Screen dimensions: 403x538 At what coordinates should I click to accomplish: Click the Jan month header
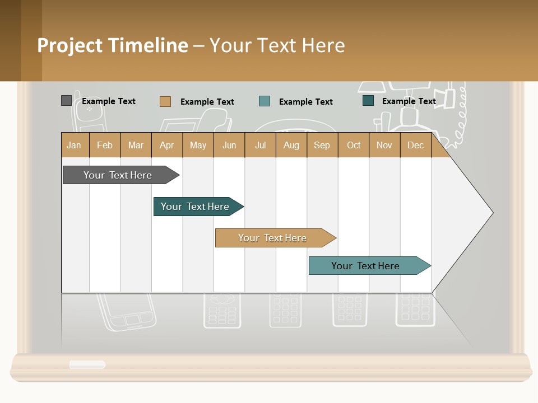click(x=74, y=145)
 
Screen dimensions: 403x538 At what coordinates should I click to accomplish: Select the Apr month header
click(x=166, y=145)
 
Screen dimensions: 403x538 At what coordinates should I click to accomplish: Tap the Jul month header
click(x=260, y=145)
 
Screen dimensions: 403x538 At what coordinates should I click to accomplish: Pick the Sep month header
click(x=322, y=145)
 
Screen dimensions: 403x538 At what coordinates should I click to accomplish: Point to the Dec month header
click(x=415, y=145)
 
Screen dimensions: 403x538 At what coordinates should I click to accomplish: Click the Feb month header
click(x=105, y=145)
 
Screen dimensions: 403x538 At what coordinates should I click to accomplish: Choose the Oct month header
click(x=354, y=145)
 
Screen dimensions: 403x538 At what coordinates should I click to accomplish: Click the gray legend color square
click(x=66, y=101)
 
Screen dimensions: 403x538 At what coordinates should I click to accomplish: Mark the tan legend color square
click(x=165, y=101)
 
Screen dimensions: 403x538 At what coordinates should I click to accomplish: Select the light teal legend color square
click(x=265, y=101)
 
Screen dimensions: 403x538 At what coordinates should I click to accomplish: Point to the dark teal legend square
click(x=368, y=101)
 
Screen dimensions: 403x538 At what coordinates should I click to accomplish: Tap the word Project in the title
click(x=69, y=45)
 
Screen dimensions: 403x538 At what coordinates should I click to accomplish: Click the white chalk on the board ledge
click(x=87, y=365)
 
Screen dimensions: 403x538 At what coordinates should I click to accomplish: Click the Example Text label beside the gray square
click(x=109, y=101)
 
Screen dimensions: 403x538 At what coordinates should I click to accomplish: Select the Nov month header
click(x=384, y=145)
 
